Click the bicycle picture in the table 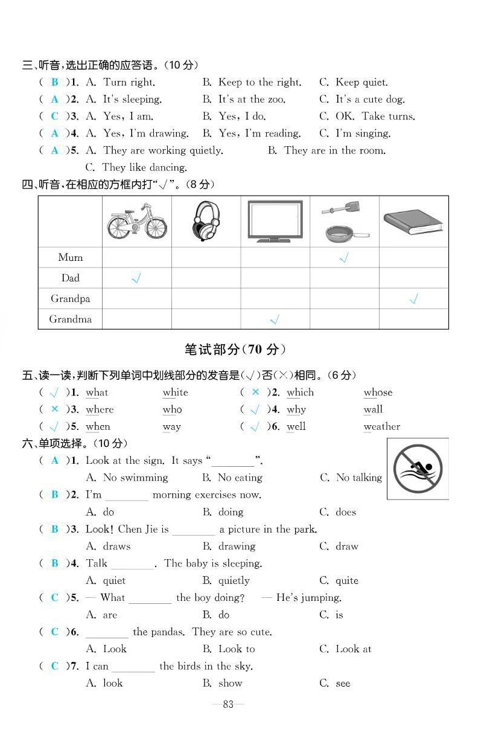click(137, 222)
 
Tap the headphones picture click(206, 222)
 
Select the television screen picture click(275, 221)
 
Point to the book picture click(413, 222)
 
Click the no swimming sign click(418, 469)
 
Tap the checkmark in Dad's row click(136, 278)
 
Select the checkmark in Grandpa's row click(413, 299)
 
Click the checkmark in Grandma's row click(275, 319)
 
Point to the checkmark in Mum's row click(344, 258)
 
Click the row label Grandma click(71, 319)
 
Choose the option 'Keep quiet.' click(361, 82)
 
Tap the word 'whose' click(378, 393)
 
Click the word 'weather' click(381, 427)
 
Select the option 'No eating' click(240, 478)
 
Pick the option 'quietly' click(234, 580)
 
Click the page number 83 click(228, 704)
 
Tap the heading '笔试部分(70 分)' click(235, 350)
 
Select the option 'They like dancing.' click(144, 167)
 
